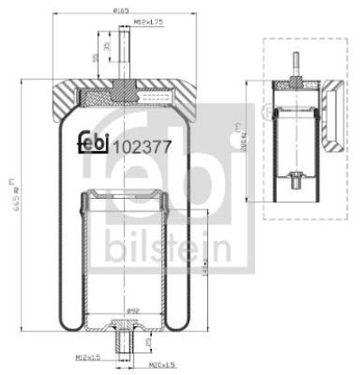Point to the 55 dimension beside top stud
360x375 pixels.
point(97,58)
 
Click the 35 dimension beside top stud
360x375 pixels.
point(109,46)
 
